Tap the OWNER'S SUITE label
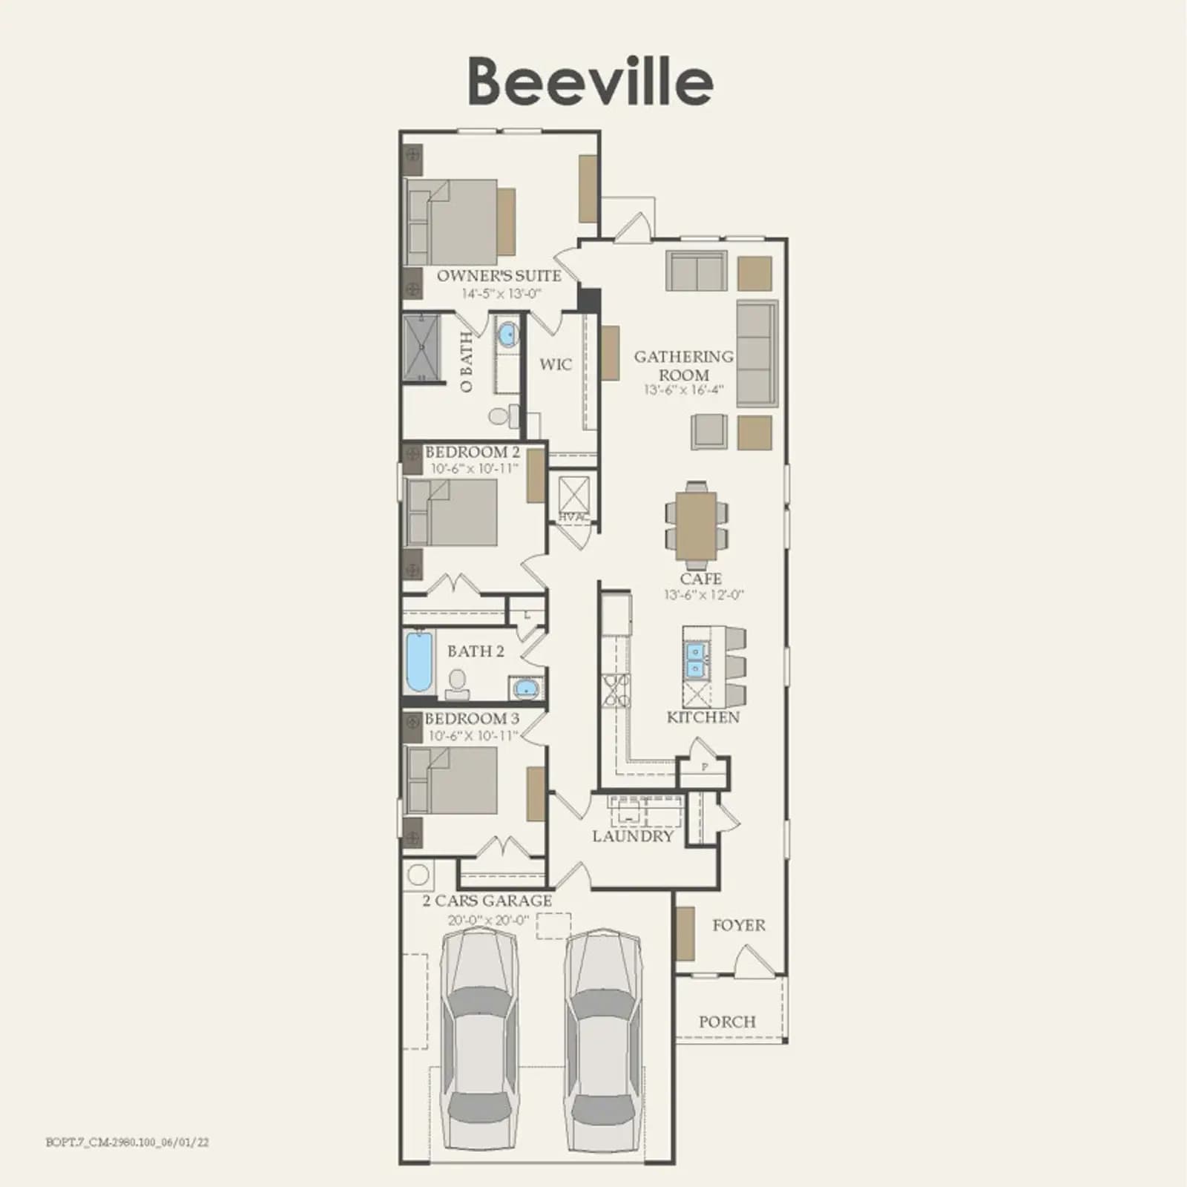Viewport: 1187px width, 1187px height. point(499,275)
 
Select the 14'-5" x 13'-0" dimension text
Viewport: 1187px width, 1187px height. point(502,293)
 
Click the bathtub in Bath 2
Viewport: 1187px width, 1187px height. point(419,662)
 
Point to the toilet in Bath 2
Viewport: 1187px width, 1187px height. point(458,685)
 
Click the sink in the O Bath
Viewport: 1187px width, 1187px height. point(507,335)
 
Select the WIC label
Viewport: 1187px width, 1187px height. point(556,364)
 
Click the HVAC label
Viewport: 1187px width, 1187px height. point(573,517)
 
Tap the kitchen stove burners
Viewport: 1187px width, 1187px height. point(616,690)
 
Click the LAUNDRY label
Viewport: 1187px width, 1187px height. point(633,836)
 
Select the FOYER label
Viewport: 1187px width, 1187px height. point(739,925)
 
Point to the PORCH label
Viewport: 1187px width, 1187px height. point(727,1022)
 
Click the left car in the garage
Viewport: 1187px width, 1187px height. point(480,1038)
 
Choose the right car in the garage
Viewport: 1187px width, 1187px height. point(603,1038)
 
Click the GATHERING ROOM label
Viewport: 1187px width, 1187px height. point(683,366)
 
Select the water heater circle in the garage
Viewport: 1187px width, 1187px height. point(418,875)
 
